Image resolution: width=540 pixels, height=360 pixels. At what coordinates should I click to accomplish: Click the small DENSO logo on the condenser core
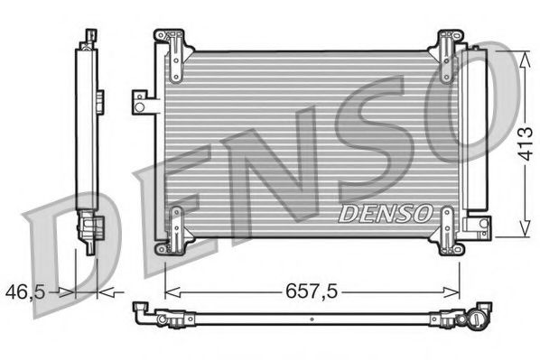tap(384, 214)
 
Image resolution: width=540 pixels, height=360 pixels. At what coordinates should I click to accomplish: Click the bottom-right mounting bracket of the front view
tap(449, 230)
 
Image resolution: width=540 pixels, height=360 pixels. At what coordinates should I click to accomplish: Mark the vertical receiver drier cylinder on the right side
tap(471, 135)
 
